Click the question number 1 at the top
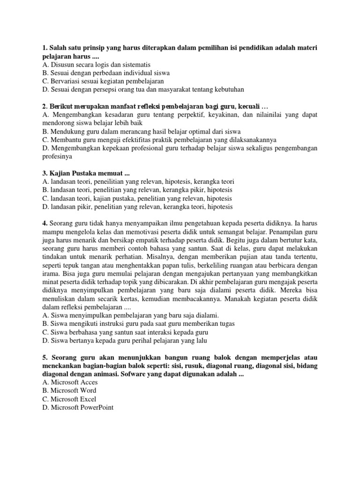pos(44,47)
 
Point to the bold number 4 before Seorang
pos(44,223)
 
